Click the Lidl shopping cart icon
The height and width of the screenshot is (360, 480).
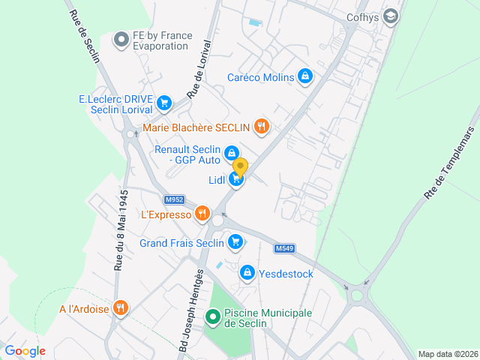tap(237, 179)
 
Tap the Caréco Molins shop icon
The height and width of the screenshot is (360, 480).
tap(304, 76)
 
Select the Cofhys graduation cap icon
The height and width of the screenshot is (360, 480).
tap(390, 16)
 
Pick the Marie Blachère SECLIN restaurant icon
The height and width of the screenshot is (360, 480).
tap(261, 127)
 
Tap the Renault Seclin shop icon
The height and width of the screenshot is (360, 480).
tap(232, 153)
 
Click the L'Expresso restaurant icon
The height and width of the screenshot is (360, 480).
tap(202, 214)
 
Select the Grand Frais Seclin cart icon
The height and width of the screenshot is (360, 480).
tap(235, 242)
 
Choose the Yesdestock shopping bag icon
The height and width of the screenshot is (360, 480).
tap(247, 273)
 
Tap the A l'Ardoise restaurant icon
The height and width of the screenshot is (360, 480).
tap(120, 307)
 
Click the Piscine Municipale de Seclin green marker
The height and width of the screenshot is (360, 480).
tap(214, 318)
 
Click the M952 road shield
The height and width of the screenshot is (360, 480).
tap(174, 199)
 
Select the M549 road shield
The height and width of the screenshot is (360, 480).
tap(283, 248)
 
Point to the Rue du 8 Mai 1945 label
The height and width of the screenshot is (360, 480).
tap(121, 229)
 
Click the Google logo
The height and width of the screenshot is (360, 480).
tap(25, 350)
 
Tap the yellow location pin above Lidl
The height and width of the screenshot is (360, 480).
tap(240, 166)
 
